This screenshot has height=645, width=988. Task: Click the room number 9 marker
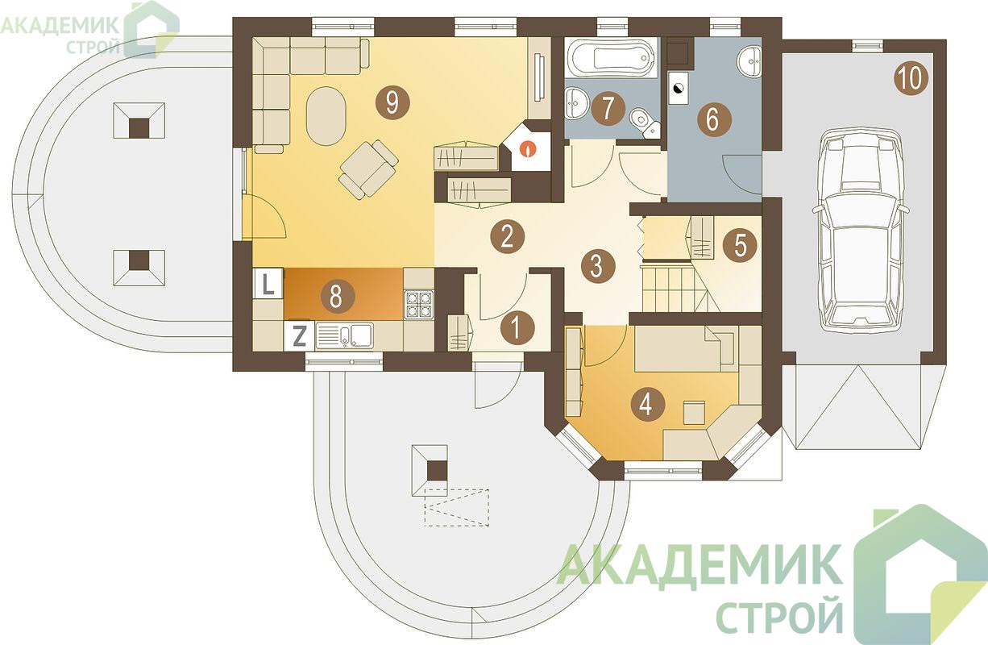tap(392, 102)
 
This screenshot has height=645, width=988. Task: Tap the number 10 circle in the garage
tap(911, 79)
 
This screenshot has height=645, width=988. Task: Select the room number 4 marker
tap(648, 404)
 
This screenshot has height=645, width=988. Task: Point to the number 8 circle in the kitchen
tap(338, 296)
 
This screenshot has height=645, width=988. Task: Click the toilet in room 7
tap(645, 123)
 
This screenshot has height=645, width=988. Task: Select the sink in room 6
tap(749, 61)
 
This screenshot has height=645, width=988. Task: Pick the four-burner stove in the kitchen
tap(418, 305)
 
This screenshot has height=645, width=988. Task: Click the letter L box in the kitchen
tap(268, 285)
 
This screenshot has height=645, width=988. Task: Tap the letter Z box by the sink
tap(300, 337)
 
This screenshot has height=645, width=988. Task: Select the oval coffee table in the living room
tap(326, 116)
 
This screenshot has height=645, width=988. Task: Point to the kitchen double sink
tap(345, 336)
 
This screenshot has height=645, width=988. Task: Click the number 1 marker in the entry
tap(517, 329)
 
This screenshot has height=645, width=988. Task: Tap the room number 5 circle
tap(740, 245)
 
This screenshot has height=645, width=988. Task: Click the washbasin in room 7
tap(576, 102)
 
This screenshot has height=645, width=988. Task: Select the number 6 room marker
tap(714, 119)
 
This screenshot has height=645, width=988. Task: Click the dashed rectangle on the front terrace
tap(456, 507)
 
